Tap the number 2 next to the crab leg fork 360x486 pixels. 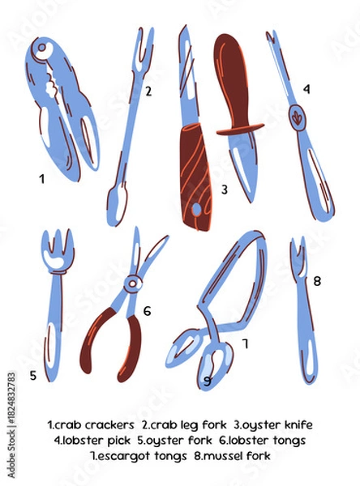click(x=148, y=92)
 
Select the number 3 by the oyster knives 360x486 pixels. click(x=224, y=190)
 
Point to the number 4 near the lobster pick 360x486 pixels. click(x=306, y=88)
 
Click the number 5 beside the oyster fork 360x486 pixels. click(x=33, y=375)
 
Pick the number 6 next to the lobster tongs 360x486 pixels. click(x=147, y=310)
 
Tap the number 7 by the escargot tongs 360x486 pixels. click(x=245, y=343)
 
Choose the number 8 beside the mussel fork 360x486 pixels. click(x=317, y=281)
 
